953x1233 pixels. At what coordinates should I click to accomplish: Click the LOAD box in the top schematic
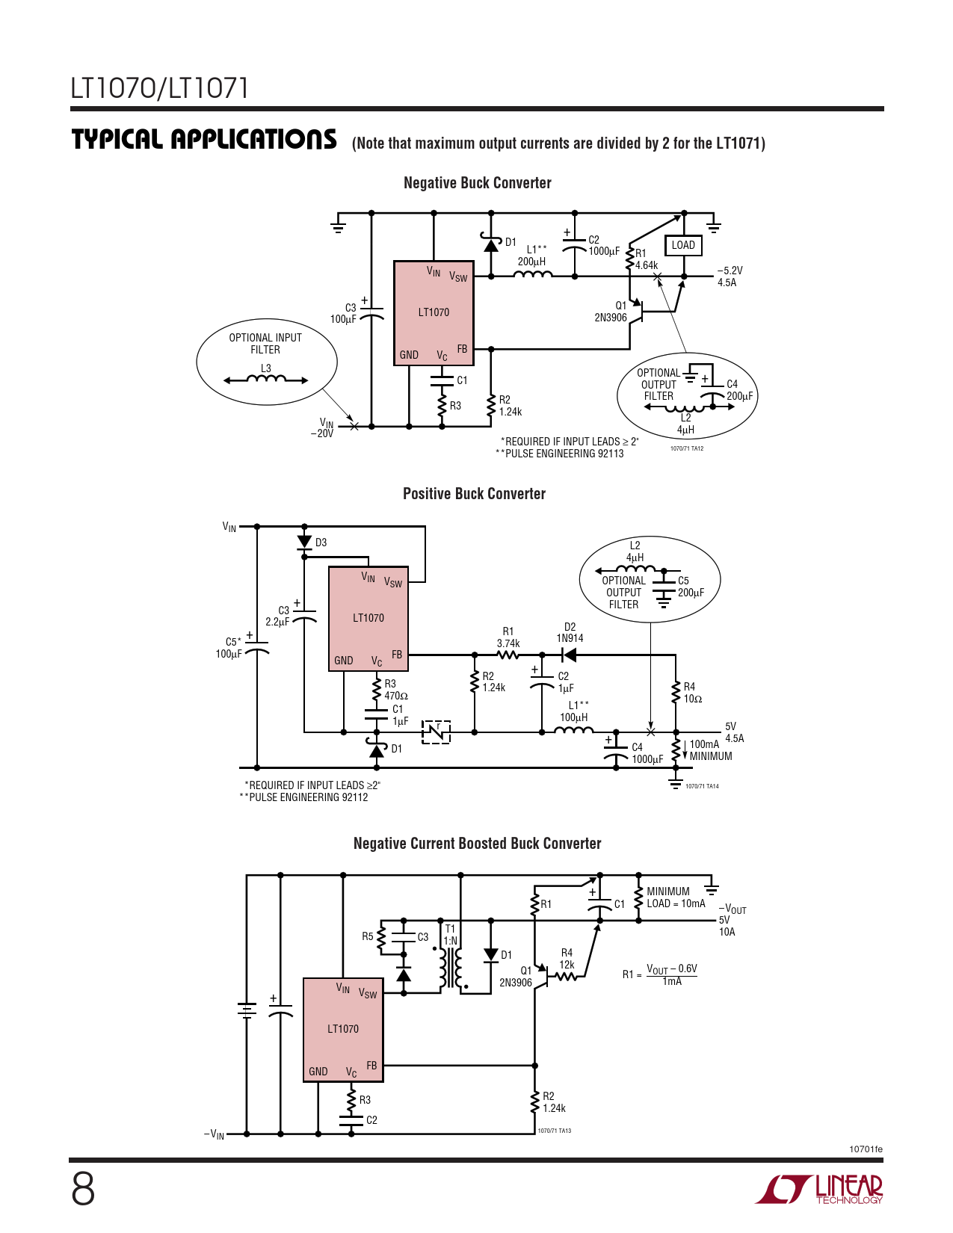coord(683,245)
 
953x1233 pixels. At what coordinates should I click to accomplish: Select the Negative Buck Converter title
coord(477,183)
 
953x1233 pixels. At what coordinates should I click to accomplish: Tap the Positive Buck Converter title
coord(474,494)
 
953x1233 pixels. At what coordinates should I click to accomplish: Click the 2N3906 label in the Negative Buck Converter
coord(611,318)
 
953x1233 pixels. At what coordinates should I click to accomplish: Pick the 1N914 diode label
coord(570,638)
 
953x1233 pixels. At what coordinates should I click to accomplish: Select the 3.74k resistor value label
coord(508,643)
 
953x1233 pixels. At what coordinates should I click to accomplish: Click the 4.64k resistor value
coord(647,265)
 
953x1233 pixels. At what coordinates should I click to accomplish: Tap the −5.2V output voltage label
coord(730,271)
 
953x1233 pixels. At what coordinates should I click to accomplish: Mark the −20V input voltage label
coord(322,433)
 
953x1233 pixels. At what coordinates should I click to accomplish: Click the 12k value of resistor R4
coord(567,965)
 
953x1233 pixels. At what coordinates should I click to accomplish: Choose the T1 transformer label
coord(450,929)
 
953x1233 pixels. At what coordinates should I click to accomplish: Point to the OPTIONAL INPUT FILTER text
coord(265,344)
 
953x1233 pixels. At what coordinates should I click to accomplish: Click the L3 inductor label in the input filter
coord(265,368)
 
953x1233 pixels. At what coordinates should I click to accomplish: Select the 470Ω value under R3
coord(396,696)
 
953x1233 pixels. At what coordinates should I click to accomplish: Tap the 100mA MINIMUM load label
coord(710,750)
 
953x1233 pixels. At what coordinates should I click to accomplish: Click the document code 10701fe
coord(866,1149)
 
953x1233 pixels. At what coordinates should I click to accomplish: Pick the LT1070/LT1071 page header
coord(159,88)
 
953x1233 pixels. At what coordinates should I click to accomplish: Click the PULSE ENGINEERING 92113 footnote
coord(560,454)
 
